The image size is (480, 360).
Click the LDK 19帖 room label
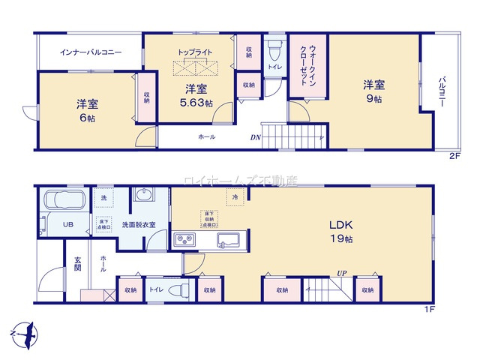coord(335,230)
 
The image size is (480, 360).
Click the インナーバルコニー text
coord(91,53)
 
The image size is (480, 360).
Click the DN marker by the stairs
coord(255,137)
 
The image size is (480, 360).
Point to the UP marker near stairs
coord(341,273)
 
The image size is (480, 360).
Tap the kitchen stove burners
coord(184,240)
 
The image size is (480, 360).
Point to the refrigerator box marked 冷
coord(235,197)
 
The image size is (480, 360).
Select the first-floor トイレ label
coord(156,289)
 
